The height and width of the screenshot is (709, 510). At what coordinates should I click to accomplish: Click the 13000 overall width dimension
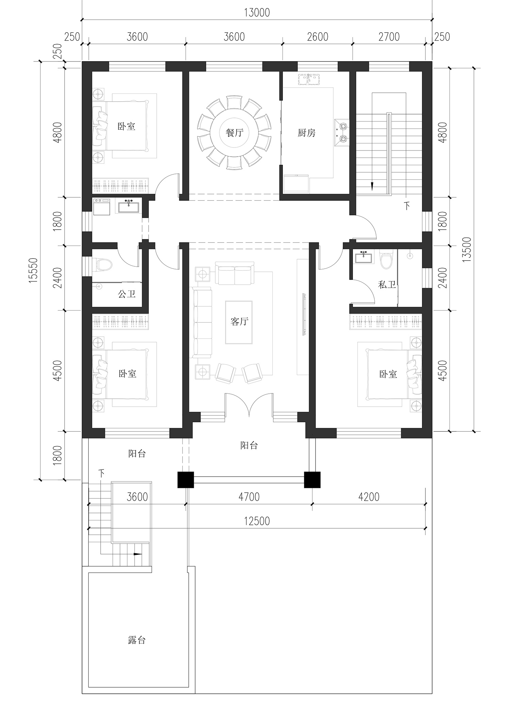pos(257,13)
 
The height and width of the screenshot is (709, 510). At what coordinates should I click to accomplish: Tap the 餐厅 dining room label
pos(235,132)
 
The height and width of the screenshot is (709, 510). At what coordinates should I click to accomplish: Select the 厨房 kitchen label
pos(306,132)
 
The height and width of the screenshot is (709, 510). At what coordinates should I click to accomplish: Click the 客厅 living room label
pos(239,321)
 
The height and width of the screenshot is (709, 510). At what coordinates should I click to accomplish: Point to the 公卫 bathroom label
pos(127,294)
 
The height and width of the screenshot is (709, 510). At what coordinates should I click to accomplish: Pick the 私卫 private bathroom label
pos(387,284)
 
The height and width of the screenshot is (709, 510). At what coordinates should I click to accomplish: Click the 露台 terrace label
pos(137,640)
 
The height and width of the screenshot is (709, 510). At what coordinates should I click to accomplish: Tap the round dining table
pos(235,132)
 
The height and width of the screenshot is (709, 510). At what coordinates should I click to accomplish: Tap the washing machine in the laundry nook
pos(102,207)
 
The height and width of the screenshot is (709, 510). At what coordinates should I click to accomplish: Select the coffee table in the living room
pos(239,322)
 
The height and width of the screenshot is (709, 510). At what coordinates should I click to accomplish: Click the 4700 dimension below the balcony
pos(249,497)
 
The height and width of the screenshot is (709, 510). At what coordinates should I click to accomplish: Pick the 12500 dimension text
pos(257,521)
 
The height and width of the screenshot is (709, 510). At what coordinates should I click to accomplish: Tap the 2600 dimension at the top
pos(318,36)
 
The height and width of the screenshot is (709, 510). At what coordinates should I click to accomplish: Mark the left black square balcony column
pos(186,480)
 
